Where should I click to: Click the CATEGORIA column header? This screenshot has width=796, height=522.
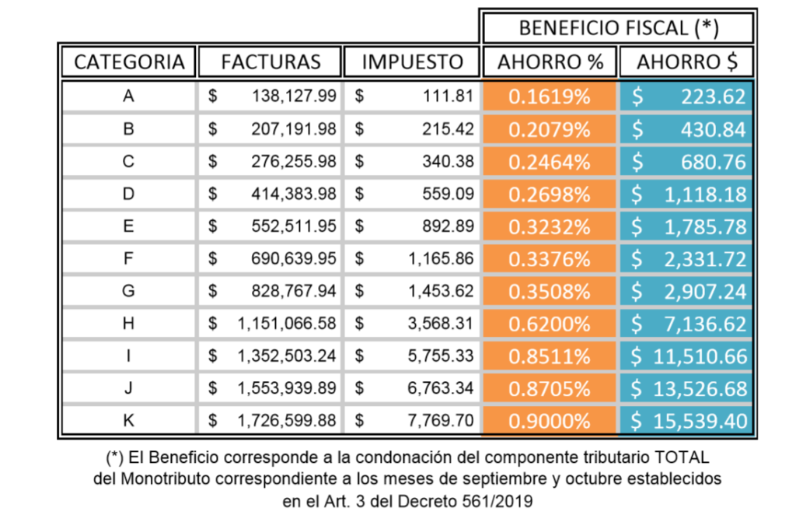tap(129, 62)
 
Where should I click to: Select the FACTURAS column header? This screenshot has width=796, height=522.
tap(270, 62)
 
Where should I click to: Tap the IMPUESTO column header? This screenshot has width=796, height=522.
tap(412, 62)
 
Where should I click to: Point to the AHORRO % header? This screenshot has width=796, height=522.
tap(550, 62)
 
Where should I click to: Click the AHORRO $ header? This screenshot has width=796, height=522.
tap(686, 62)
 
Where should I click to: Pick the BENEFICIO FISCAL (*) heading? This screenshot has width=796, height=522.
tap(618, 28)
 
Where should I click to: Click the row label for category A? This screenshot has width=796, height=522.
tap(128, 96)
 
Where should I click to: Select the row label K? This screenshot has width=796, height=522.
tap(128, 421)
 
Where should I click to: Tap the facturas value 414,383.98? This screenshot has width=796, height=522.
tap(294, 194)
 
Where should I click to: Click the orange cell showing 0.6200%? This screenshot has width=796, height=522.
tap(550, 324)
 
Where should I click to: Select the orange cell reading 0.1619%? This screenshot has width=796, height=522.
tap(550, 96)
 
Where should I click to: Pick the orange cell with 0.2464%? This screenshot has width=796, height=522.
tap(550, 162)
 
